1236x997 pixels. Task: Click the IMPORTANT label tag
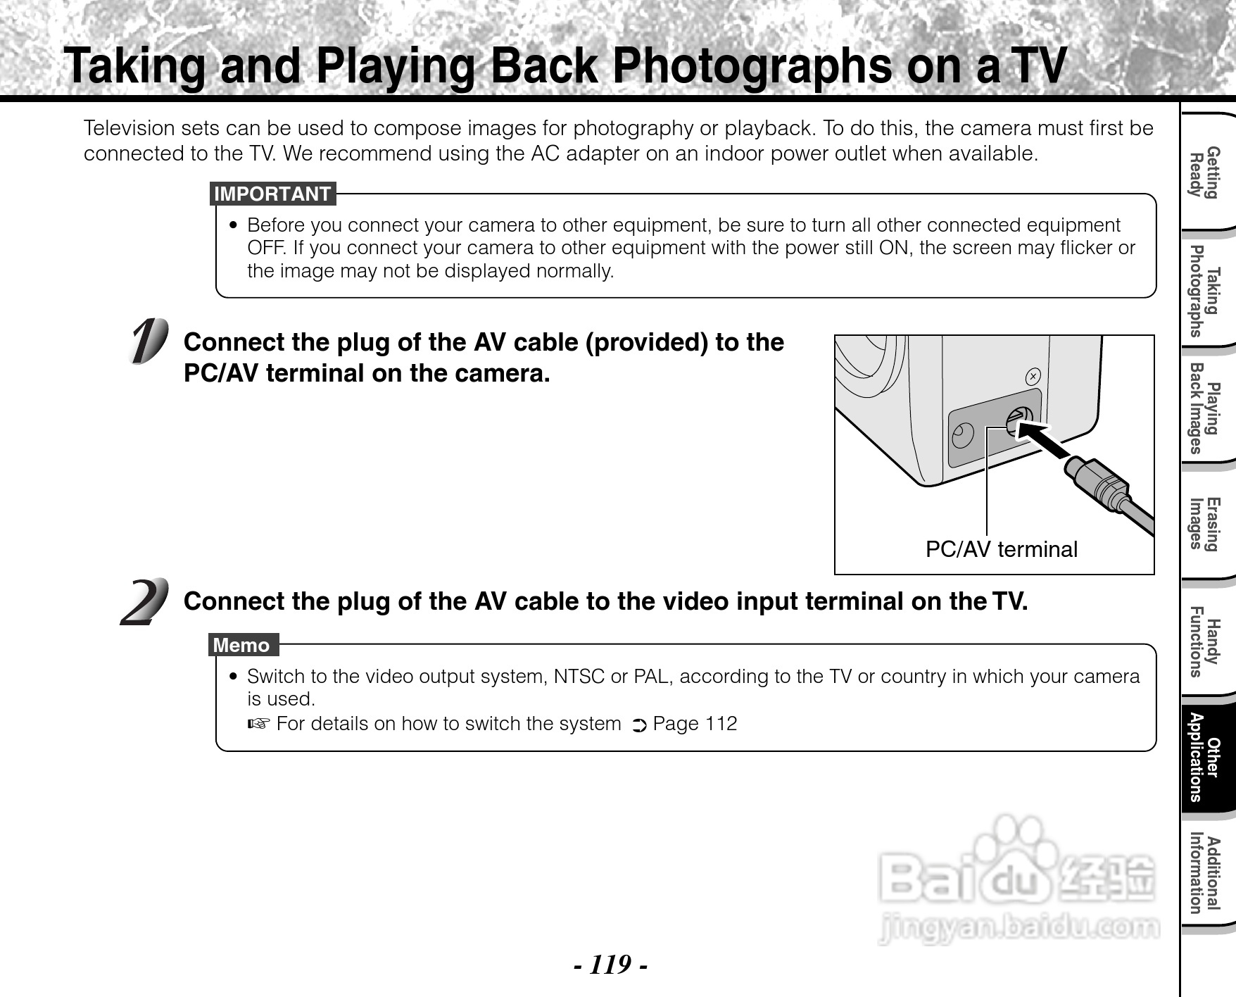point(272,194)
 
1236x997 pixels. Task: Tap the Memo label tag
point(244,645)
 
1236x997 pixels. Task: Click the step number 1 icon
point(149,341)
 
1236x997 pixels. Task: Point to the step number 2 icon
point(145,602)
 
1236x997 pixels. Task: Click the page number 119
point(610,964)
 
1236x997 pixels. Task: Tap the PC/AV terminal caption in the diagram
point(1001,549)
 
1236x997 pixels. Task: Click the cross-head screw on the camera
point(1033,377)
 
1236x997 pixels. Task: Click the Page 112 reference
point(695,724)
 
